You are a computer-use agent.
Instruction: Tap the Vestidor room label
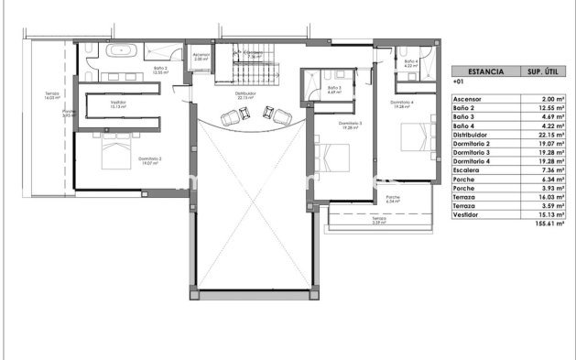click(117, 104)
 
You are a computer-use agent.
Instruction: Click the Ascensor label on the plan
click(201, 56)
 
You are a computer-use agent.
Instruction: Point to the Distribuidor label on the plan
click(245, 93)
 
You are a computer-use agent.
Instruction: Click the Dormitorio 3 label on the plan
click(350, 124)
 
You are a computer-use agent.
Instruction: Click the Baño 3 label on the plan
click(333, 90)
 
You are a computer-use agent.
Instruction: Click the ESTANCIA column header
click(485, 70)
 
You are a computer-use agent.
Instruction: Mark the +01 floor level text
click(459, 82)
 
